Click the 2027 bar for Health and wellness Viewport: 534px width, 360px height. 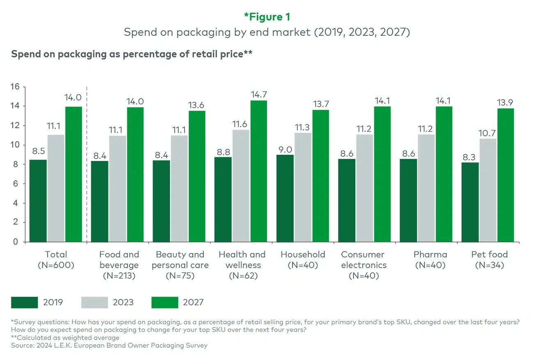[258, 171]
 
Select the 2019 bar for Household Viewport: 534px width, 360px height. [285, 198]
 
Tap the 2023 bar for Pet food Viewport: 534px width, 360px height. [488, 190]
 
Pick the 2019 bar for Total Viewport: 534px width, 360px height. [38, 201]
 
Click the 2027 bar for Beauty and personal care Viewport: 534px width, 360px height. [197, 177]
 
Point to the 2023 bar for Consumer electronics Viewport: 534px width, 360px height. [365, 188]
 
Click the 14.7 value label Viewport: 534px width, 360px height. [258, 94]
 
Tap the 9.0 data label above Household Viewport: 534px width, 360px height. [285, 149]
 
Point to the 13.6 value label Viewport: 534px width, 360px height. [197, 105]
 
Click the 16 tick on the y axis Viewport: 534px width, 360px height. [15, 87]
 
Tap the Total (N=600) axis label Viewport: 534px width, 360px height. [56, 260]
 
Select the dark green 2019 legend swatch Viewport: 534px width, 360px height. [24, 303]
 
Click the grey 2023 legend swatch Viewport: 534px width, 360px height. [94, 303]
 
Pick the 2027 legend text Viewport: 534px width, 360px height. [193, 303]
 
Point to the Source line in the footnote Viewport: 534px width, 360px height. [109, 345]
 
